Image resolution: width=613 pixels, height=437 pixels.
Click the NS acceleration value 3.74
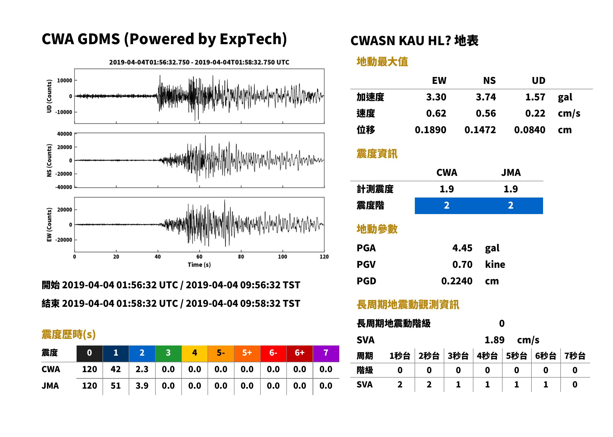(486, 97)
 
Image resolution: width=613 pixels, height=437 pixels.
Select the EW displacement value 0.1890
(430, 130)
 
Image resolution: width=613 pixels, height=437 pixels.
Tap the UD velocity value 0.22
(535, 113)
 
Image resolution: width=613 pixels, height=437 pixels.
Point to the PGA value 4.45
(462, 248)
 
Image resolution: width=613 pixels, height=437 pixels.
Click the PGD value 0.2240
(457, 281)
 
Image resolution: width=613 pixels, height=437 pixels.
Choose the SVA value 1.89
(494, 340)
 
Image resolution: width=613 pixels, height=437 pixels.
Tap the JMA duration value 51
(116, 386)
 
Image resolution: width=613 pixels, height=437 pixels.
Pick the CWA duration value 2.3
(142, 369)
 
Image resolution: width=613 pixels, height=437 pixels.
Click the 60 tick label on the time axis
(199, 257)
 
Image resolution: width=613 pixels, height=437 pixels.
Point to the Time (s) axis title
(199, 265)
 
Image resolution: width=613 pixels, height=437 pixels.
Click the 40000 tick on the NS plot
(64, 134)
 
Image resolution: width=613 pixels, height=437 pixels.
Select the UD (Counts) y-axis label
(49, 96)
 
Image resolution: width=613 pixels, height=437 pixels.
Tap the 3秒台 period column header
(458, 356)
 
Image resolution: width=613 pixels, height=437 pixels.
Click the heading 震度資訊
(377, 154)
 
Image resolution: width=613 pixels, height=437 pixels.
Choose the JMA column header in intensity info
(511, 172)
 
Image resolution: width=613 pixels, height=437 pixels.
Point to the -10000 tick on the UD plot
(63, 112)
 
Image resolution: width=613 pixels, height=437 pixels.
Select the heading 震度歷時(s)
(68, 334)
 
